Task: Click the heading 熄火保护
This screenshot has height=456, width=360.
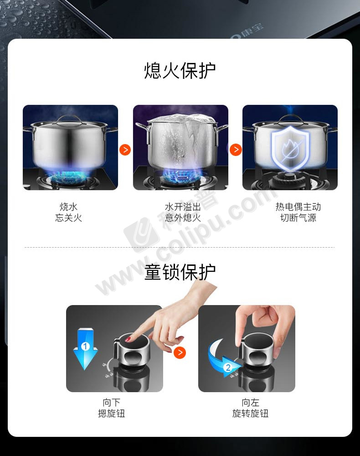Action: [180, 71]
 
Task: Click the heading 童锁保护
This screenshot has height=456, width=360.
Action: [180, 272]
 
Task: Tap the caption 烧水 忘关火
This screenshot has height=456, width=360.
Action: [68, 212]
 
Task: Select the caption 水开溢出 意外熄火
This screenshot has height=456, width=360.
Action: [183, 212]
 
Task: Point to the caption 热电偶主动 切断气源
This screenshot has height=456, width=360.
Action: [298, 212]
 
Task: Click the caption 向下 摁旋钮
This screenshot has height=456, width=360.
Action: [111, 408]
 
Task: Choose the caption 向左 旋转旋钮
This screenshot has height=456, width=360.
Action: [250, 408]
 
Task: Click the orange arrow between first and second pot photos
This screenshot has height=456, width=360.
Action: [125, 150]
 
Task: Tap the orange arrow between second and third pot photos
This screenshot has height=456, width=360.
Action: [236, 150]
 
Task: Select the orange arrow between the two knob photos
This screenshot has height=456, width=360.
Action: [180, 352]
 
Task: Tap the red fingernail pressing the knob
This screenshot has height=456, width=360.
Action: [128, 339]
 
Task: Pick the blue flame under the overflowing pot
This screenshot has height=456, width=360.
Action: [180, 174]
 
